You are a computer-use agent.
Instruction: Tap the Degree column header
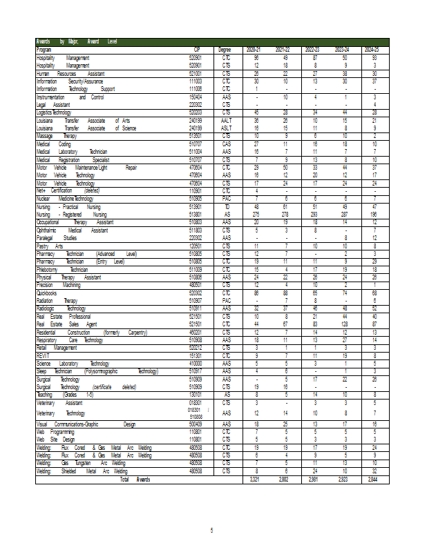(x=225, y=50)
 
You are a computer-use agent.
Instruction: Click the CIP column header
(x=196, y=50)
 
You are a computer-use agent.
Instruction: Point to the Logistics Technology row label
(x=54, y=112)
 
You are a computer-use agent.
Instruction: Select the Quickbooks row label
(x=47, y=293)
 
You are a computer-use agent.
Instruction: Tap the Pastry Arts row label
(x=50, y=245)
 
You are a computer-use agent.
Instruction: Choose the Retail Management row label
(x=57, y=348)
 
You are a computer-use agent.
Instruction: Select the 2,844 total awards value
(x=373, y=479)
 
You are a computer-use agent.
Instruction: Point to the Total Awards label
(x=135, y=479)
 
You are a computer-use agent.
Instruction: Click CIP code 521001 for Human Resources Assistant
(x=196, y=72)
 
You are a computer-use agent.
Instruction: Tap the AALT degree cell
(x=225, y=120)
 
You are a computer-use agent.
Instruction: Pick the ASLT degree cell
(x=225, y=128)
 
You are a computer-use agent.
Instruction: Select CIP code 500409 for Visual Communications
(x=196, y=424)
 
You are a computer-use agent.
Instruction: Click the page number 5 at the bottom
(x=212, y=529)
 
